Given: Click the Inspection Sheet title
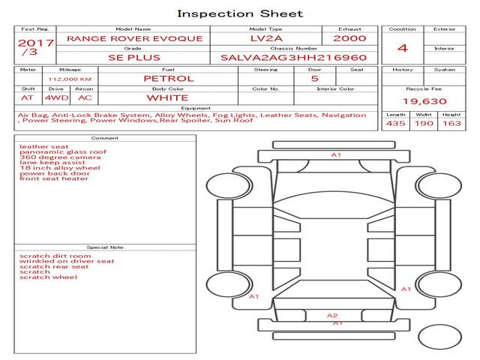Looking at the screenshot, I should [x=240, y=13].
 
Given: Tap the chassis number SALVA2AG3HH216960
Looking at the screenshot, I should [x=293, y=57].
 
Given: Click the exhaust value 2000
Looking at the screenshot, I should [x=349, y=38].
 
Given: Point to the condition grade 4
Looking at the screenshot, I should [x=402, y=48].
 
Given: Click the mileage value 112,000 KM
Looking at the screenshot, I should [x=70, y=78].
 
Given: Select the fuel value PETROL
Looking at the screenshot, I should [x=168, y=78].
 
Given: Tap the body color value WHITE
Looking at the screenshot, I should [x=167, y=97].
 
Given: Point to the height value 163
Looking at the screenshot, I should [x=451, y=123].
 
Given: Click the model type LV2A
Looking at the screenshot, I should [x=266, y=38].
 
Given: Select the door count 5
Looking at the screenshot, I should [x=314, y=78].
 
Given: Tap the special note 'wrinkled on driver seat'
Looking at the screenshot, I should [x=67, y=261].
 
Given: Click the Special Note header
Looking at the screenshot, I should [x=104, y=247].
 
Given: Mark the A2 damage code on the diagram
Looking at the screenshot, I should [x=332, y=316].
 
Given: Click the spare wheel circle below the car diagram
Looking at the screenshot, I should [x=439, y=336].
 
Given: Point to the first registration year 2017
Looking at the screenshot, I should [x=35, y=43].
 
